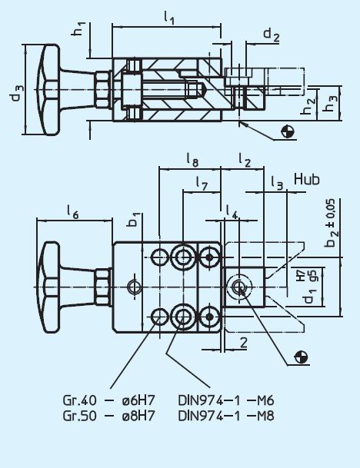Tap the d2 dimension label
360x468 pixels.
[x=271, y=34]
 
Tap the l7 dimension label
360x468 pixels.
[x=201, y=184]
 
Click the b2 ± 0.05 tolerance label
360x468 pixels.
[x=332, y=223]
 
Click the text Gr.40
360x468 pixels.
[x=78, y=401]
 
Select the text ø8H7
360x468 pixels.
[x=142, y=416]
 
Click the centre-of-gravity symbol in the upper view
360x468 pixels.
[x=288, y=131]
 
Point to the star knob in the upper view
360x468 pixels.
[x=50, y=87]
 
